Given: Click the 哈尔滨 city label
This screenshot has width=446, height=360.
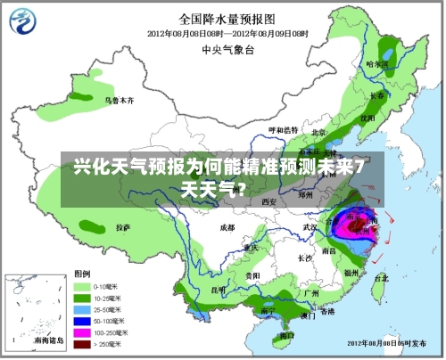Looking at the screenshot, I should (377, 64).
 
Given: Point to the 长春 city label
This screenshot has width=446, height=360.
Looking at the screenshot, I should (377, 94).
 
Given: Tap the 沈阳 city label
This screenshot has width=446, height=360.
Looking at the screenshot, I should (367, 117).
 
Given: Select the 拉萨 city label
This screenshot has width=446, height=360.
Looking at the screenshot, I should (124, 228).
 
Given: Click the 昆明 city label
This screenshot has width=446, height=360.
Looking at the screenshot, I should (219, 290).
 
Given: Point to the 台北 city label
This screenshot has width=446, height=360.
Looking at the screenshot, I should (381, 277).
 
